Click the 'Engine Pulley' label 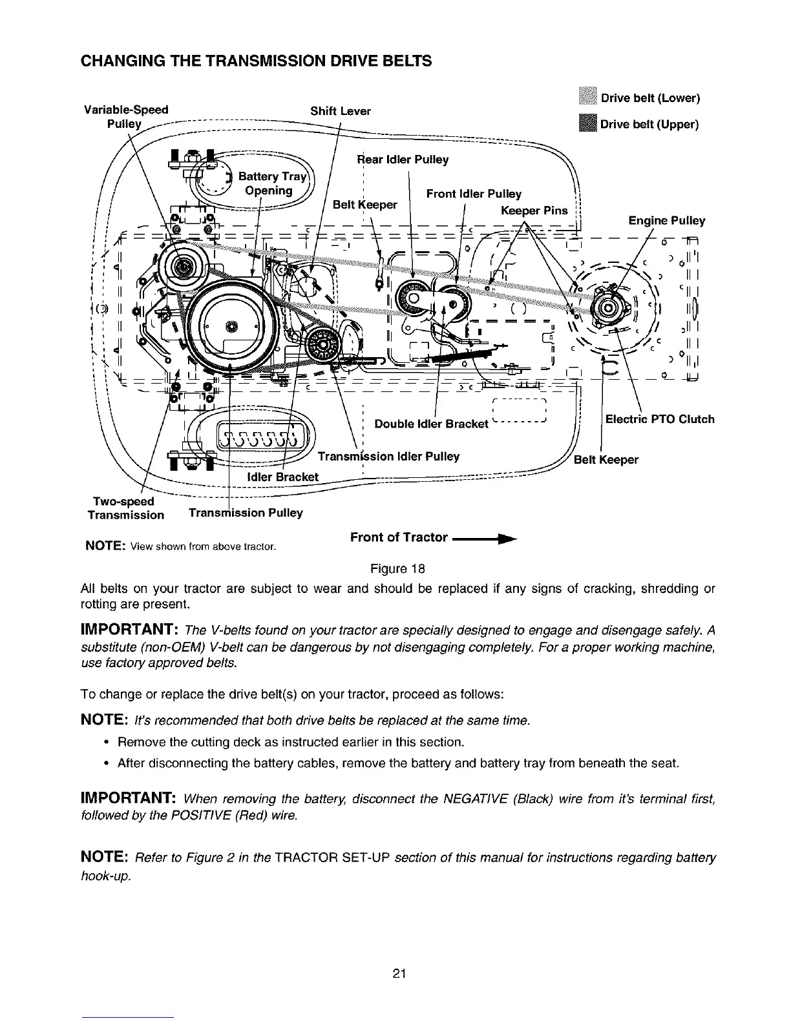[666, 221]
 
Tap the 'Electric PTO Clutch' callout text [659, 419]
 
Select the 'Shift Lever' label [341, 111]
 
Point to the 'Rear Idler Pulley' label [403, 160]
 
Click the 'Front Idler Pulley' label [474, 194]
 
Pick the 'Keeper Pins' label [534, 211]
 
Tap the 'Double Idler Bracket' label [431, 424]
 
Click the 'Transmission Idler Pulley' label [388, 457]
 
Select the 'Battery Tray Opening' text [269, 183]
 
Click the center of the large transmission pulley [231, 324]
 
